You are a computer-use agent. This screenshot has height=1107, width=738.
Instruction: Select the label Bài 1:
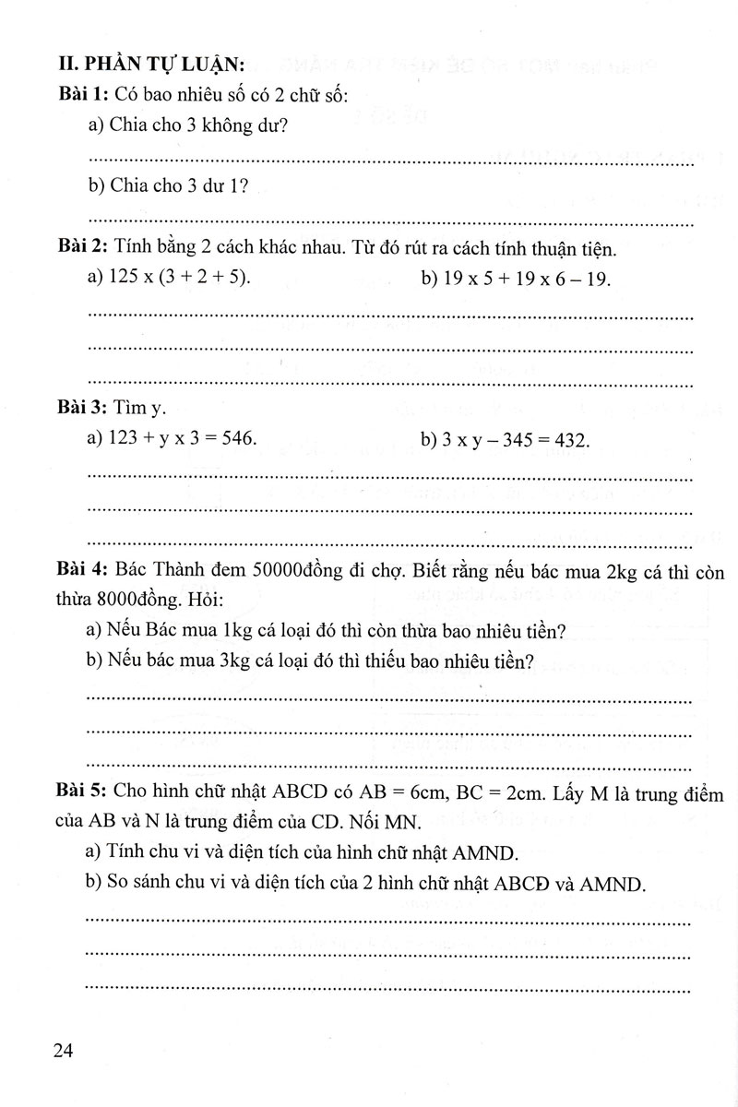82,93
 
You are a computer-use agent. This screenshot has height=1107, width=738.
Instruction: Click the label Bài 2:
82,248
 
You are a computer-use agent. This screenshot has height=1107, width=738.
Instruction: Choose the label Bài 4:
82,573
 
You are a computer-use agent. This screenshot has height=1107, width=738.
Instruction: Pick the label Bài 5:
82,794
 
